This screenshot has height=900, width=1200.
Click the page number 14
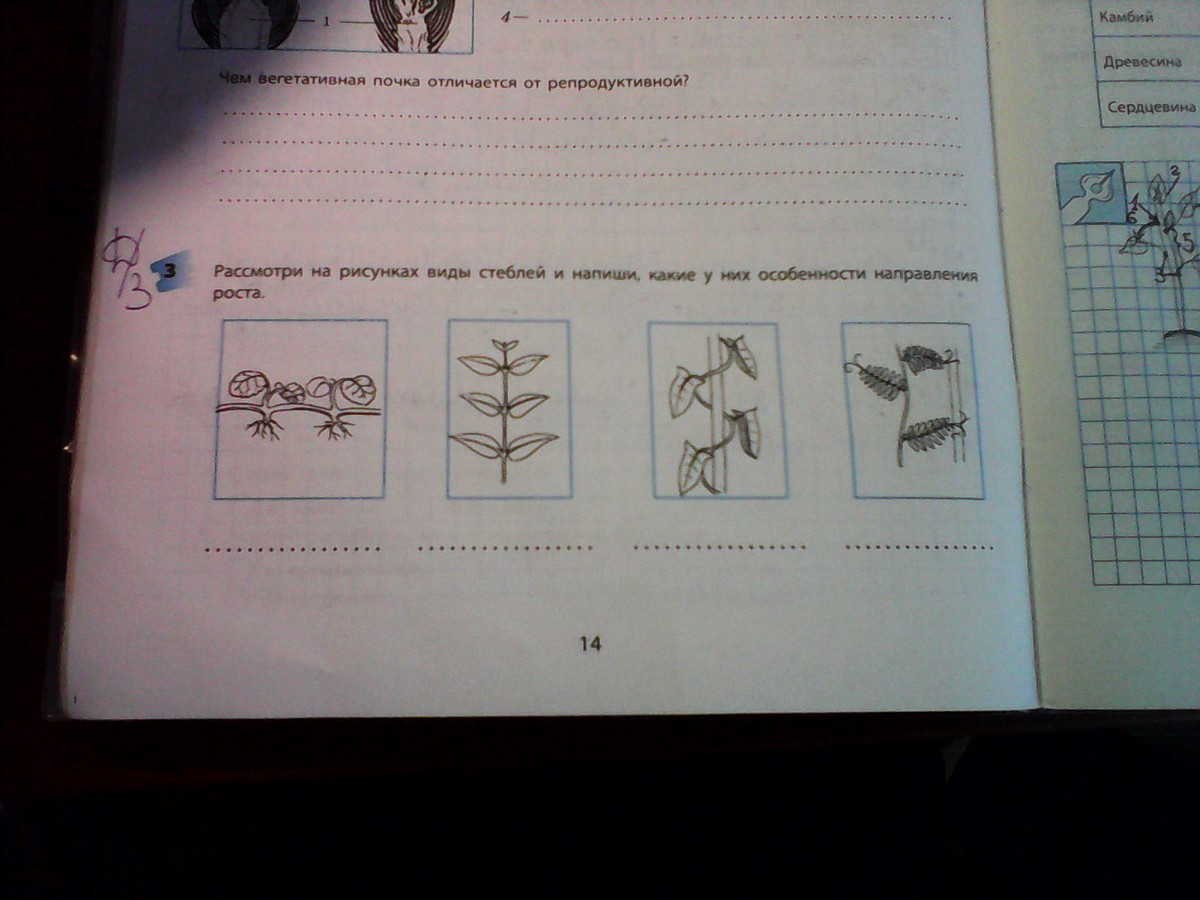(590, 644)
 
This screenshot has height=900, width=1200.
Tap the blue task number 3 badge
(172, 273)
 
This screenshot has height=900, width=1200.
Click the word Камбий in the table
(1126, 17)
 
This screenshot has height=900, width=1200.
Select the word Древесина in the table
(1143, 62)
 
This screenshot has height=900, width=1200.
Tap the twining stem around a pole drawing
(714, 415)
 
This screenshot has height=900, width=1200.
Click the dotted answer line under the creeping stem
(293, 549)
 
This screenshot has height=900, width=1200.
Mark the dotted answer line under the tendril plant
(919, 546)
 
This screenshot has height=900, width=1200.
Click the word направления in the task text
(924, 275)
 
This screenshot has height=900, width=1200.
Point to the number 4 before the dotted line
(505, 18)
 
